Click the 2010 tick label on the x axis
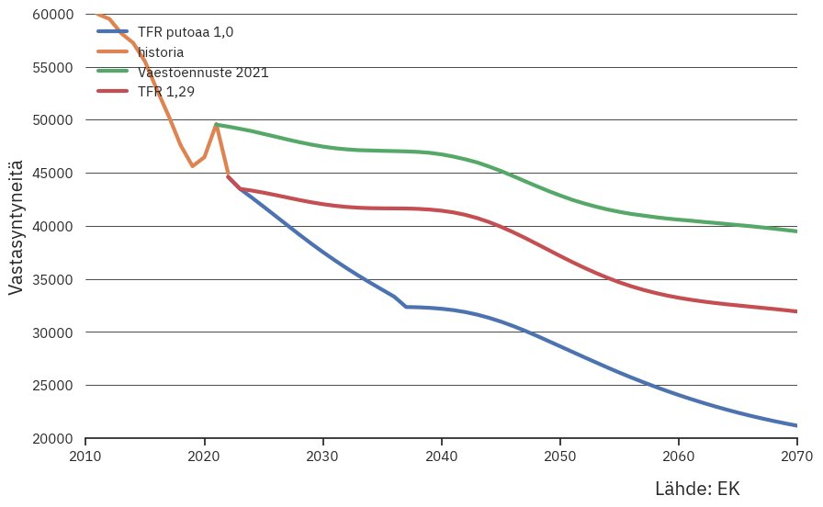point(85,456)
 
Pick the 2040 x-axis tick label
point(441,456)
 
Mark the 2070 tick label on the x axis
point(795,456)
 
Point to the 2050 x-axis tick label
point(559,456)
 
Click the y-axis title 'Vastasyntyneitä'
point(16,226)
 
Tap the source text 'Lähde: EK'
point(696,489)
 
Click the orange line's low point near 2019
point(192,166)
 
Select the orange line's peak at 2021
point(216,124)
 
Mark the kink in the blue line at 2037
point(405,307)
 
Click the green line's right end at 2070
point(795,231)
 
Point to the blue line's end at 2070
point(795,425)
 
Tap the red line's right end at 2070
point(795,311)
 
